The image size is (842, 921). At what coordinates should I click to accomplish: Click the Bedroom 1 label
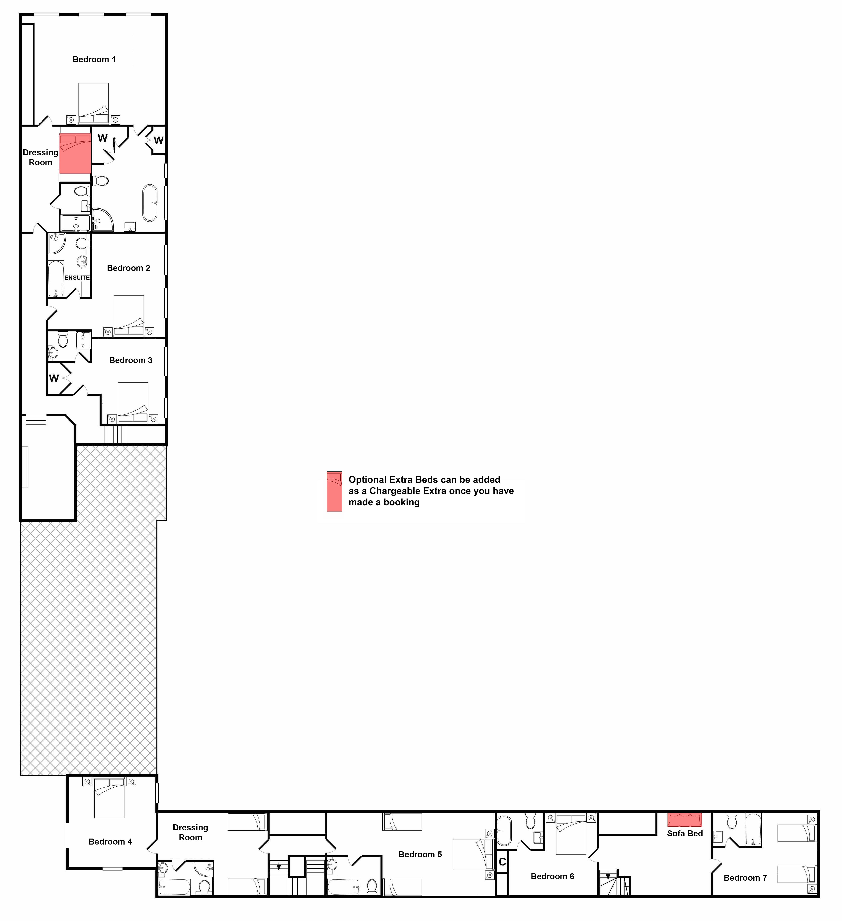coord(94,59)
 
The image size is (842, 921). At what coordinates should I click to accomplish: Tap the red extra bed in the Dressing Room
coord(75,154)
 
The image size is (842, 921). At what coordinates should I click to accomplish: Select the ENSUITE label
coord(77,278)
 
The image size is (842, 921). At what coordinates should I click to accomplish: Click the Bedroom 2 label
coord(128,268)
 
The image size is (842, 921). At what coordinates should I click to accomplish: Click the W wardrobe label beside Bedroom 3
coord(54,378)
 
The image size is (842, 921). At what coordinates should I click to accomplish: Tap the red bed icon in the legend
coord(334,491)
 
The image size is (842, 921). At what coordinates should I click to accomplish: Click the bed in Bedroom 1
coord(94,103)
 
